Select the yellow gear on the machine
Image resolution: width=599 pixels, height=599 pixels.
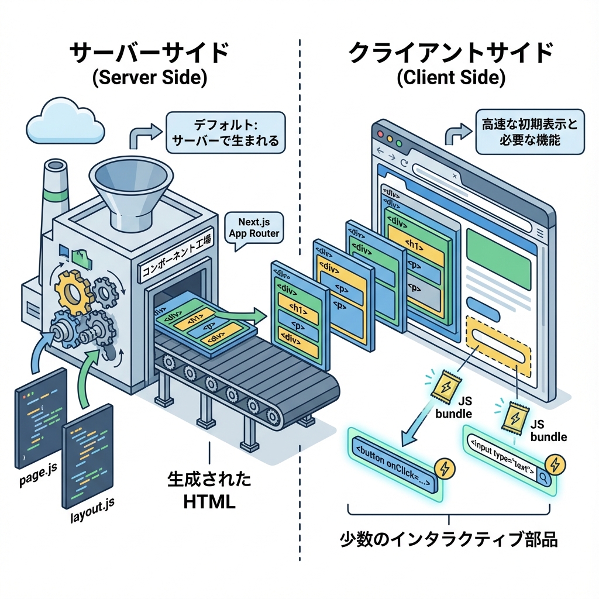pyautogui.click(x=73, y=290)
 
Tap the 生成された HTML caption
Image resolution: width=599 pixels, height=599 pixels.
pyautogui.click(x=208, y=490)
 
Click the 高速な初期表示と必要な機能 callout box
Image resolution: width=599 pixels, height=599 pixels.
pyautogui.click(x=529, y=133)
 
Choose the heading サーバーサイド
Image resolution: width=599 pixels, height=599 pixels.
pyautogui.click(x=149, y=53)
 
